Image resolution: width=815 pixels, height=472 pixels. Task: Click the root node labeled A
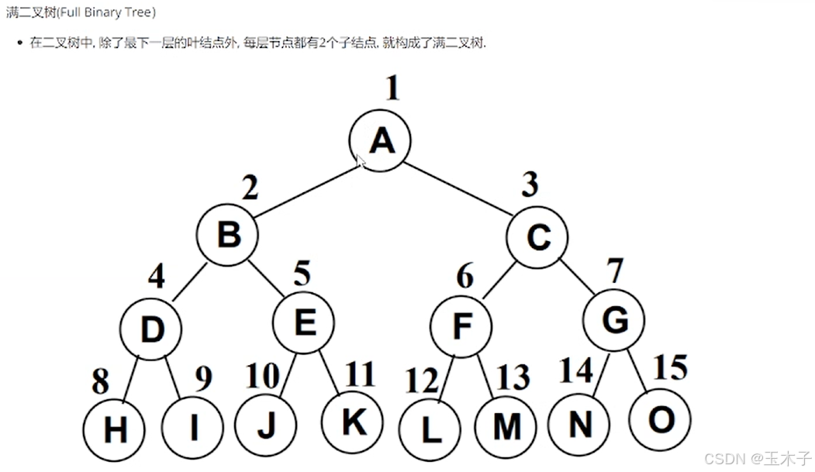pyautogui.click(x=380, y=140)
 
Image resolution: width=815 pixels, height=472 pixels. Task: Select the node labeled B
pyautogui.click(x=227, y=233)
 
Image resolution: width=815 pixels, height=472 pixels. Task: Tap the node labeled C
pyautogui.click(x=537, y=236)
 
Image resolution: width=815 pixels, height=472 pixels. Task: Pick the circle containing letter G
pyautogui.click(x=615, y=320)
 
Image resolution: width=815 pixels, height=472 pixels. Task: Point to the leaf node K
pyautogui.click(x=353, y=422)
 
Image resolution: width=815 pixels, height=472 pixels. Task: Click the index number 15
pyautogui.click(x=670, y=367)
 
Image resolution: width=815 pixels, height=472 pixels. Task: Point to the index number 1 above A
pyautogui.click(x=393, y=89)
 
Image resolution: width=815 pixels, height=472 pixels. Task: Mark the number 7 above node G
pyautogui.click(x=614, y=271)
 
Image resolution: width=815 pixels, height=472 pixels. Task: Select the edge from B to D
pyautogui.click(x=188, y=281)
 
